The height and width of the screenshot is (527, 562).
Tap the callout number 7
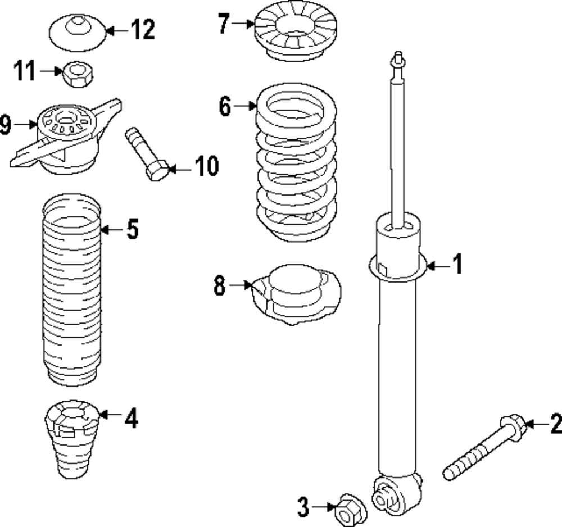click(224, 24)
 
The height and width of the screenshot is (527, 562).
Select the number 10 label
click(207, 166)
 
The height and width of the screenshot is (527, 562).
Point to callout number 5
click(133, 229)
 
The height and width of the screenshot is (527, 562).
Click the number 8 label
click(220, 285)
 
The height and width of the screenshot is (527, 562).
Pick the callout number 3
click(303, 507)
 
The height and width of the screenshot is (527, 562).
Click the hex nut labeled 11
click(78, 74)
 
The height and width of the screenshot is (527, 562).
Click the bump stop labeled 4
click(72, 438)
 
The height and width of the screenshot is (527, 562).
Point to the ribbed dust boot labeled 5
click(72, 290)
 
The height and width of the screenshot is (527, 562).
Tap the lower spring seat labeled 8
click(296, 294)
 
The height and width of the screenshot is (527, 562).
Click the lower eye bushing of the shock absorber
click(384, 494)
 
